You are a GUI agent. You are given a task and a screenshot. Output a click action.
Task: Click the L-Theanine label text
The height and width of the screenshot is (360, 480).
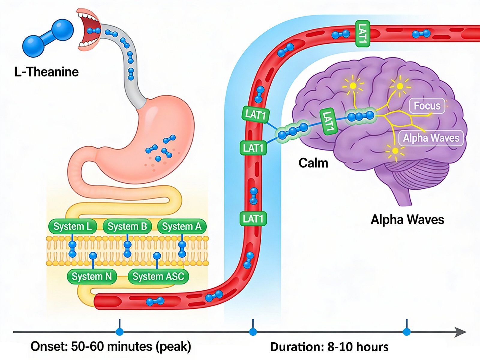(x=46, y=72)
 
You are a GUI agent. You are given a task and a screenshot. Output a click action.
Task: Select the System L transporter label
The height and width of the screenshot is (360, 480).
(x=73, y=226)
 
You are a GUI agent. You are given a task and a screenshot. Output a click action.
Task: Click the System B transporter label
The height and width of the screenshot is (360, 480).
(x=127, y=226)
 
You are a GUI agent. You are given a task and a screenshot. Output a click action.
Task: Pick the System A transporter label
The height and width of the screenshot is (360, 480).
(x=182, y=226)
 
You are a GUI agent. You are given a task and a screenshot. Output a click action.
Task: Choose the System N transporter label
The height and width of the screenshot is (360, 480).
(x=92, y=276)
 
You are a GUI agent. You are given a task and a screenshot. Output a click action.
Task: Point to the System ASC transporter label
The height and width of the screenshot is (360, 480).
(x=158, y=276)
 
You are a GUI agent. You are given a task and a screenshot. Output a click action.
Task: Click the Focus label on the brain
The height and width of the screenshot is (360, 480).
(x=427, y=106)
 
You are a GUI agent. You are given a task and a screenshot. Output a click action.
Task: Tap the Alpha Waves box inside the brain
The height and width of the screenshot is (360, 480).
(x=431, y=138)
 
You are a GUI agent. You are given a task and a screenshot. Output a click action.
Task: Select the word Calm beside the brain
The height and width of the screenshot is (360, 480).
(x=313, y=163)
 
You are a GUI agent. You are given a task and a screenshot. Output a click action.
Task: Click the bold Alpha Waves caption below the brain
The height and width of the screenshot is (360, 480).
(x=407, y=220)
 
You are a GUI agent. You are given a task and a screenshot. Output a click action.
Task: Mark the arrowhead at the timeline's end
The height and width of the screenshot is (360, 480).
(x=460, y=332)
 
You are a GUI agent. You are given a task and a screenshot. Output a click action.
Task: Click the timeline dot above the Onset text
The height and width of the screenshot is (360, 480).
(x=120, y=332)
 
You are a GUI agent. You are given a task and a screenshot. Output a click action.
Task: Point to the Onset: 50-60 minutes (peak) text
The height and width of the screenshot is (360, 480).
(x=111, y=346)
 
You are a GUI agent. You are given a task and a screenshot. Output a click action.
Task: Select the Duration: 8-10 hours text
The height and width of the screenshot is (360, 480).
(x=329, y=347)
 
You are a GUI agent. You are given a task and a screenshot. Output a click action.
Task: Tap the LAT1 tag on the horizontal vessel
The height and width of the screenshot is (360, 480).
(x=362, y=34)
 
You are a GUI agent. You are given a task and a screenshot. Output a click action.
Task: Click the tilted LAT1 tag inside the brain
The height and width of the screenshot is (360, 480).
(x=328, y=121)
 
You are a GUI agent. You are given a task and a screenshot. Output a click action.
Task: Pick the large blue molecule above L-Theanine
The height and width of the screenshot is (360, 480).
(x=48, y=38)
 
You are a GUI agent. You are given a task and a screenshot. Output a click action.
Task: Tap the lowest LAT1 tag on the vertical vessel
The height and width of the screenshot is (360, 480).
(x=253, y=219)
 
